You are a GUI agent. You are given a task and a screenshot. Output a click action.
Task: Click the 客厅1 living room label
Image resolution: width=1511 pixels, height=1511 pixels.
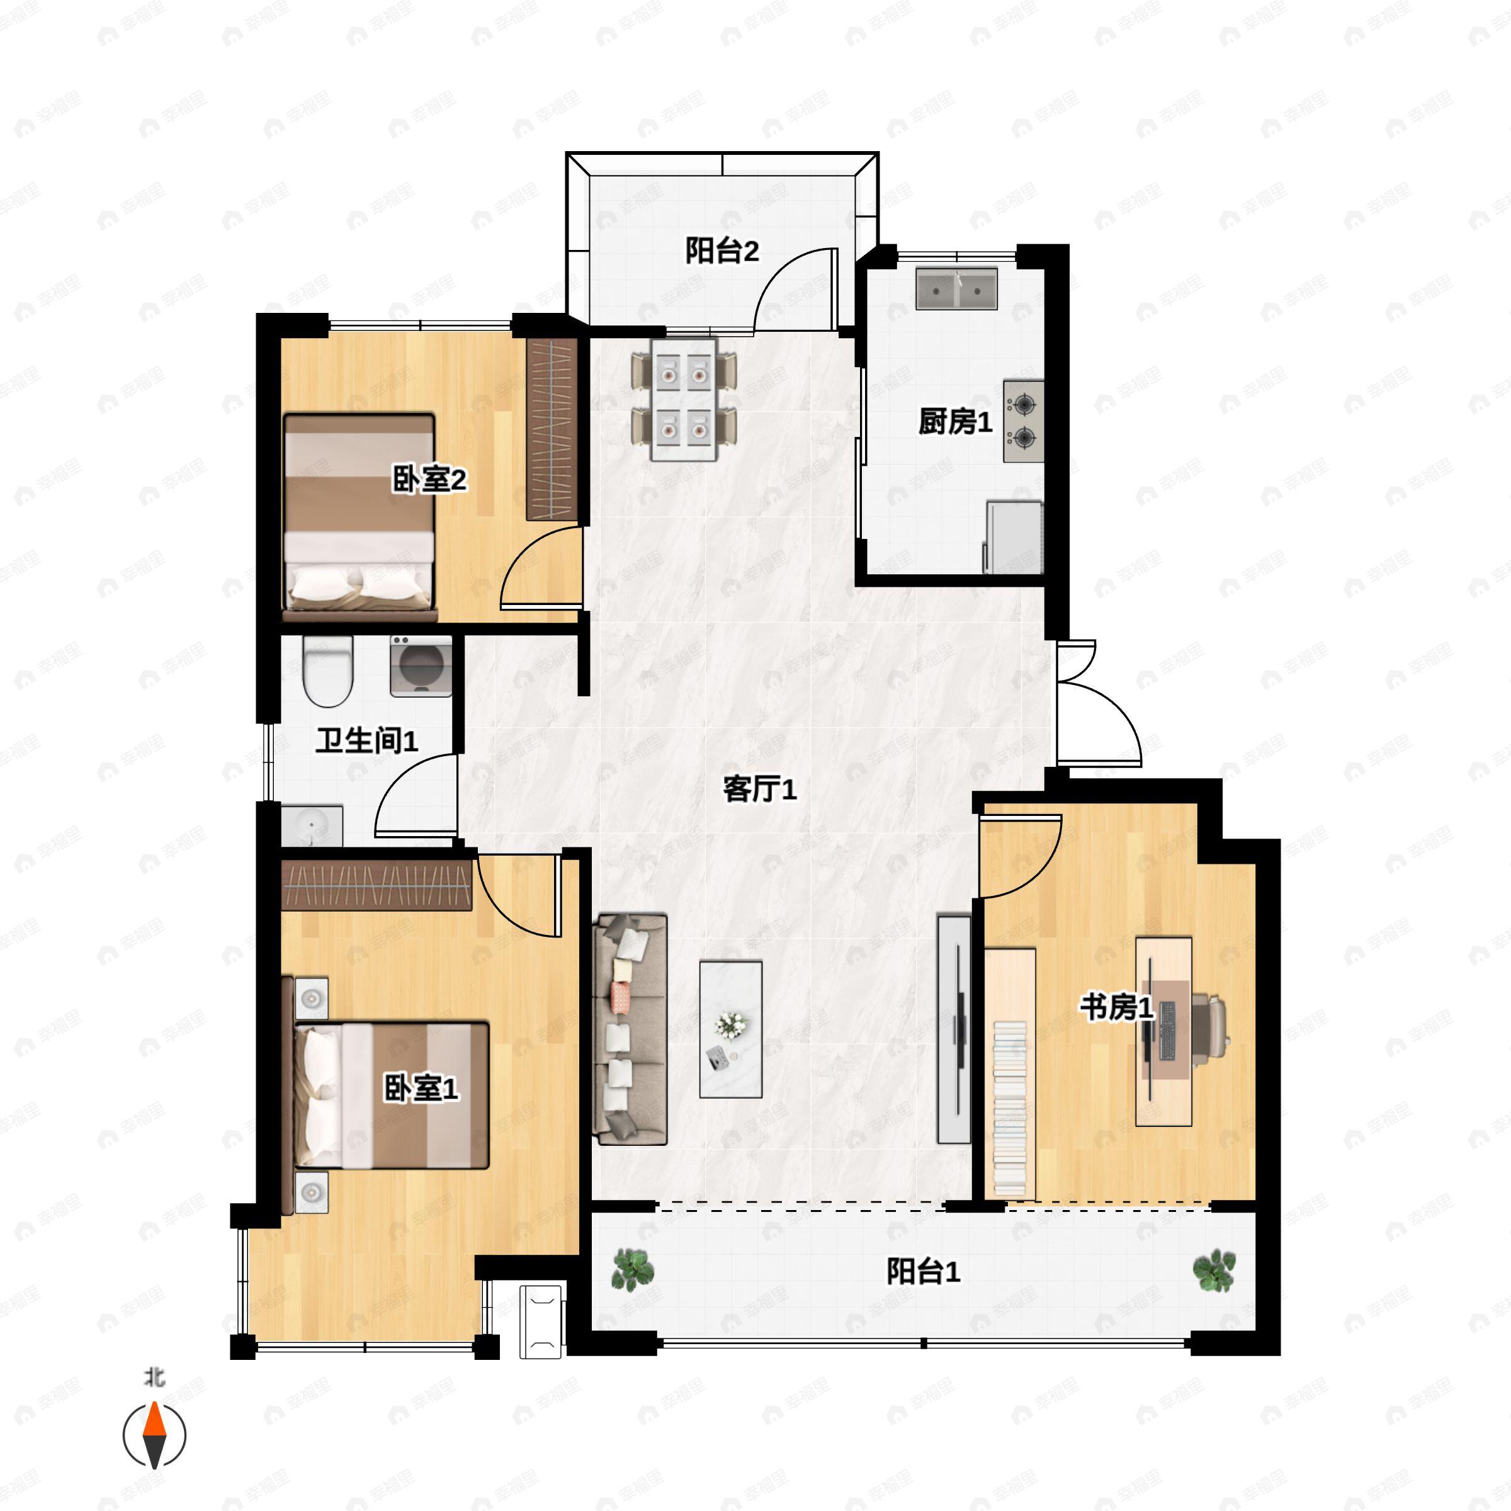coord(759,790)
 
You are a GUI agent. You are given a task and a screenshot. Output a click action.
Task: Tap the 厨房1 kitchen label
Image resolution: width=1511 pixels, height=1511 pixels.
coord(954,422)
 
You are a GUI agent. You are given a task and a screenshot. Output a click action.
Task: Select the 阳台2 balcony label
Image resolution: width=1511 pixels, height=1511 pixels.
coord(722,251)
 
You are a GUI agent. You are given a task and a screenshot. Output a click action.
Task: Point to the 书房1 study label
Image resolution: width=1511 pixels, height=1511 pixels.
coord(1117,1007)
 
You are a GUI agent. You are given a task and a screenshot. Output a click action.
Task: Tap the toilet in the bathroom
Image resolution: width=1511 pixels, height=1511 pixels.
coord(327,671)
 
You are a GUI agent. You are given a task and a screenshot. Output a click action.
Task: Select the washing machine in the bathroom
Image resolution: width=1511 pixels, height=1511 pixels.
coord(422,665)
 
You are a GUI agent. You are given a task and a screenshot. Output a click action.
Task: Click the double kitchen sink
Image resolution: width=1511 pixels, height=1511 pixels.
coord(956,288)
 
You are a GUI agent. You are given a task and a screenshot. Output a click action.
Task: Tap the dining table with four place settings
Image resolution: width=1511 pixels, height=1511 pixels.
coord(685,399)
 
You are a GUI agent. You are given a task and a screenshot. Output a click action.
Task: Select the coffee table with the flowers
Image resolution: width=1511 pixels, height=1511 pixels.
coord(730,1029)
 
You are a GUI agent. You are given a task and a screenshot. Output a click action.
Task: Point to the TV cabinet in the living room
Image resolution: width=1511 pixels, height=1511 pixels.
coord(953,1029)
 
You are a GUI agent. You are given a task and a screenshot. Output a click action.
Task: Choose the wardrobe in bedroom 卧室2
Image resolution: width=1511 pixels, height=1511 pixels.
coord(552,429)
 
